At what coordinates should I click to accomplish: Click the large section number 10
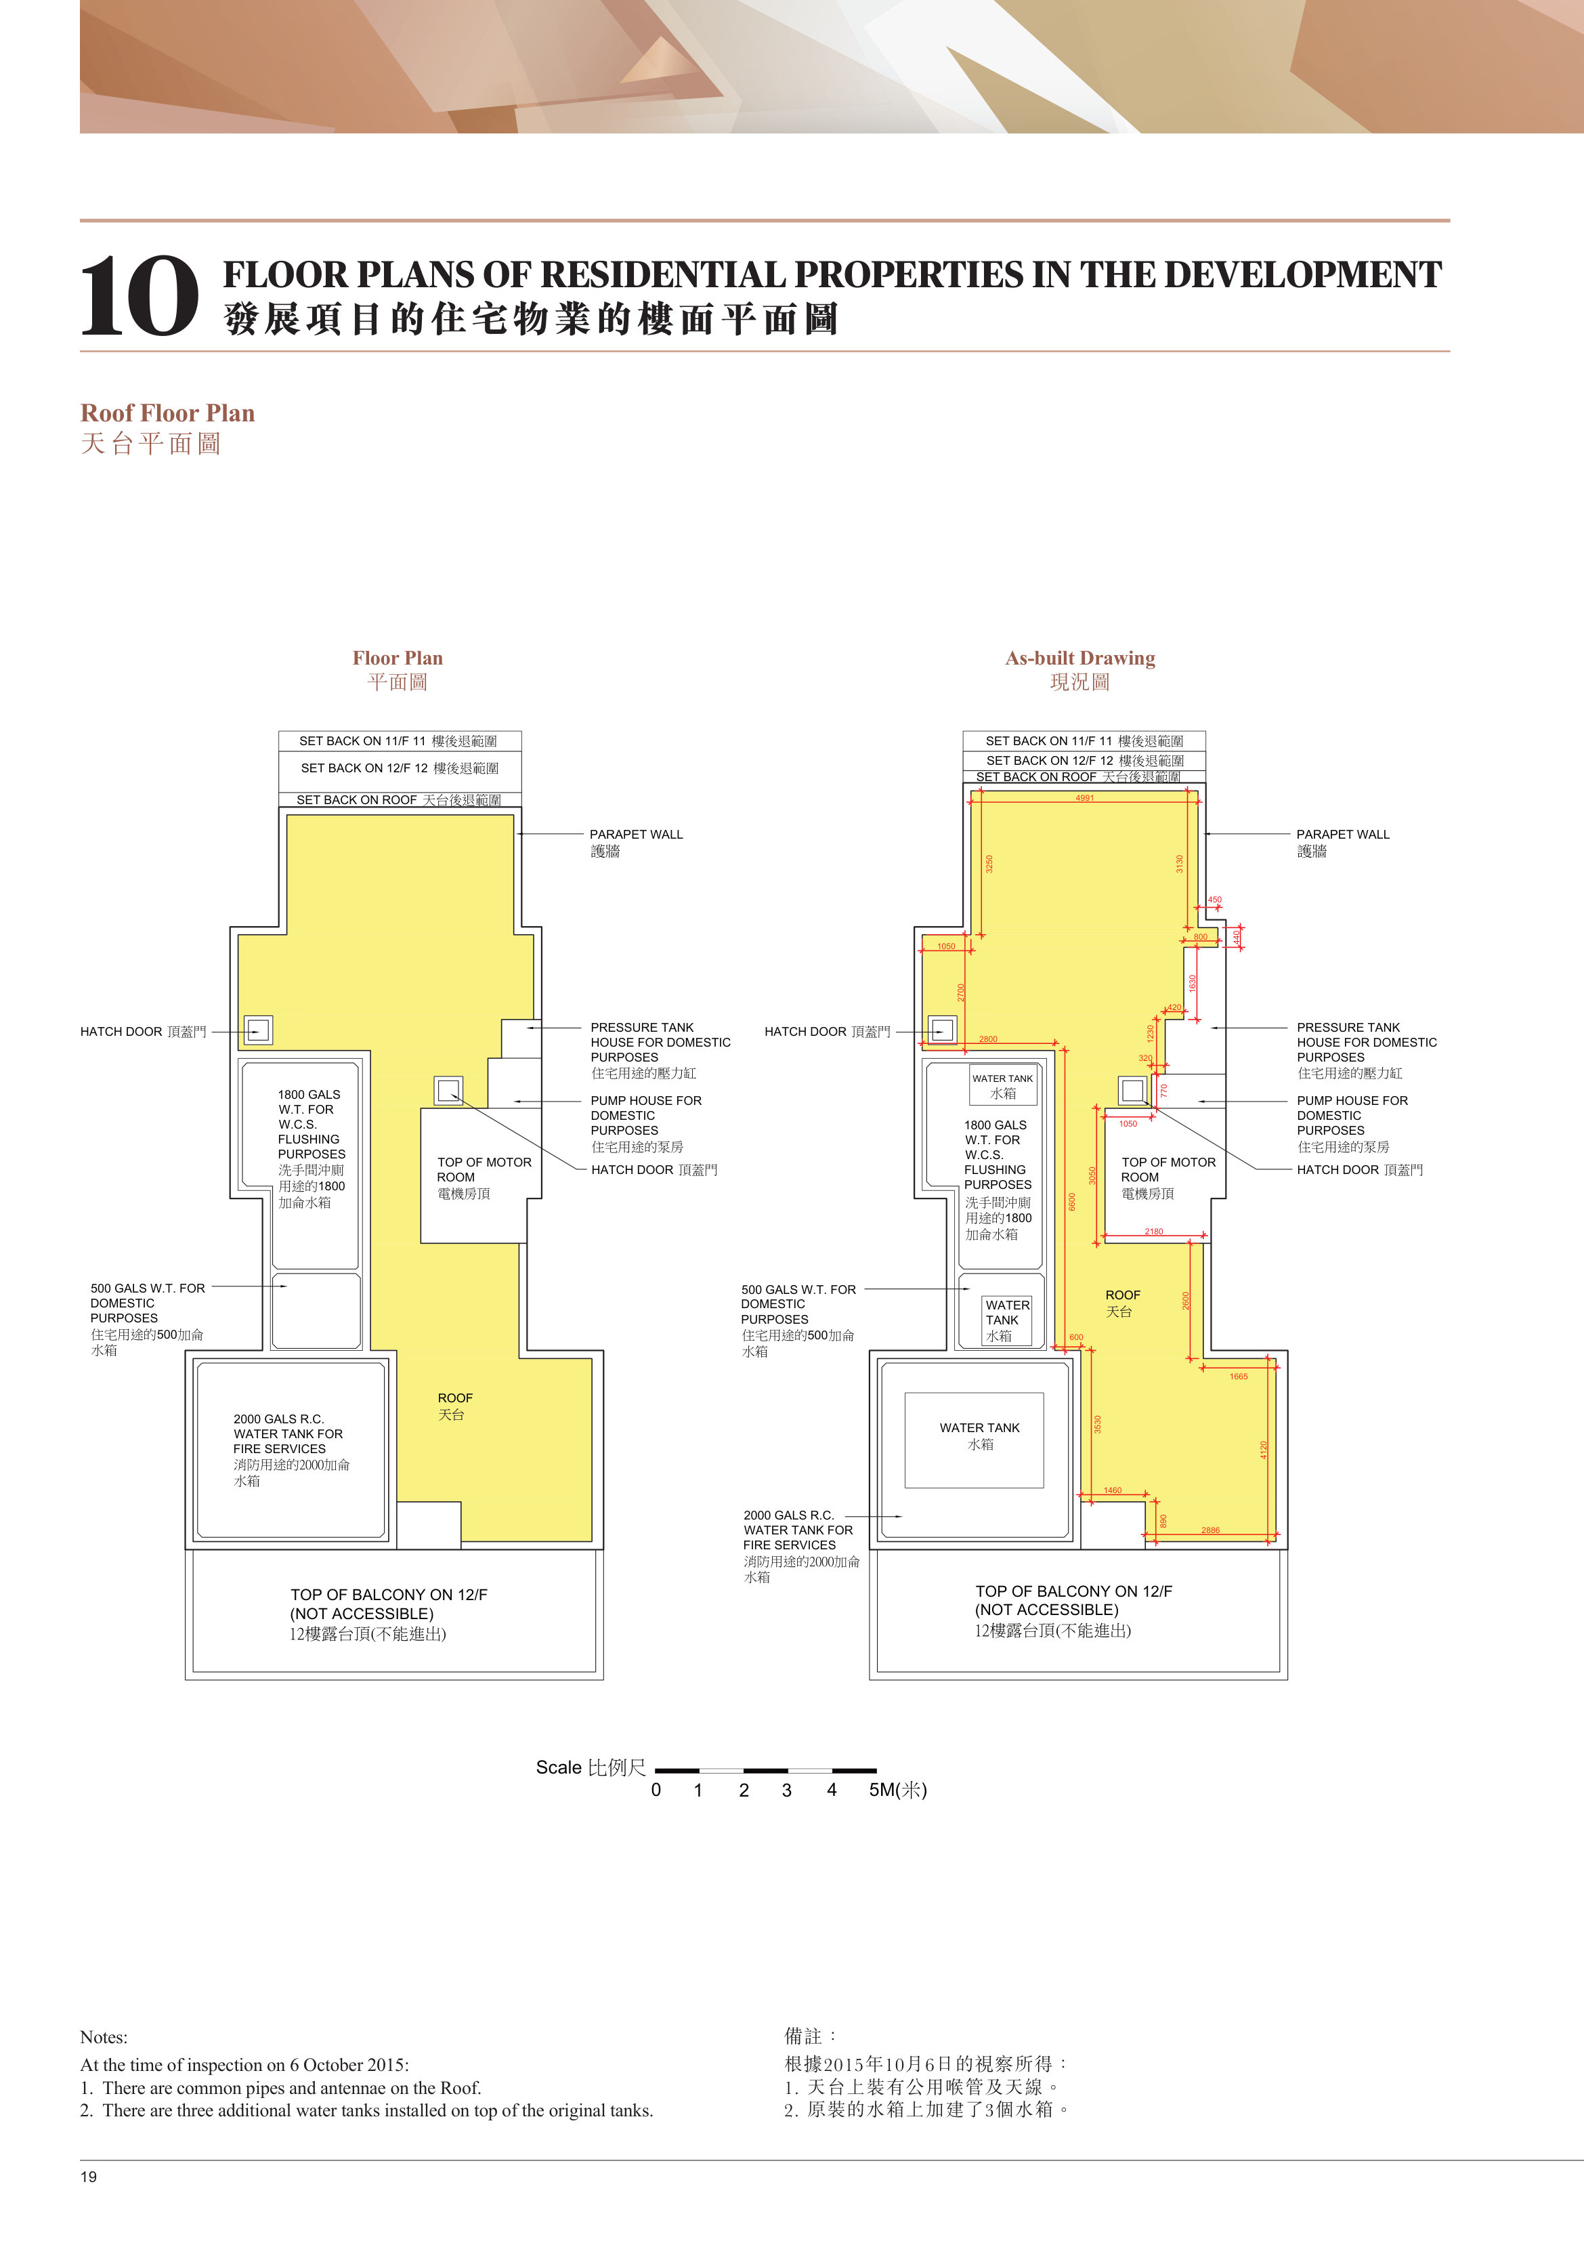tap(140, 296)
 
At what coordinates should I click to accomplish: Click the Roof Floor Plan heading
tap(167, 413)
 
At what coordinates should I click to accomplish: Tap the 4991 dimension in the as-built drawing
tap(1084, 797)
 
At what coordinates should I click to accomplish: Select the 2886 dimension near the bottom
tap(1210, 1530)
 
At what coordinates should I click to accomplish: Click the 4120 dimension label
tap(1263, 1450)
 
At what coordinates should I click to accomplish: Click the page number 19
tap(89, 2175)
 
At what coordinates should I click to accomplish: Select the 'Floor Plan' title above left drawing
tap(398, 658)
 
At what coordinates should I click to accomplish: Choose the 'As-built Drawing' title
tap(1080, 658)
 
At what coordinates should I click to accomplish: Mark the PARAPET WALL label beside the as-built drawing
tap(1342, 835)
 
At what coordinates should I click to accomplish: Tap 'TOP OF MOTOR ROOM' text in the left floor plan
tap(484, 1169)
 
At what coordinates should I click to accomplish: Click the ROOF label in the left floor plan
tap(455, 1398)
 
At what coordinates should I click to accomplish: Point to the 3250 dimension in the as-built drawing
tap(989, 864)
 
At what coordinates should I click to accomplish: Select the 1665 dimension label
tap(1239, 1376)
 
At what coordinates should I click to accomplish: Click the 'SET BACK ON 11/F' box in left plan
tap(400, 741)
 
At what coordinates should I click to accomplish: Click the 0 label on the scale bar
tap(656, 1790)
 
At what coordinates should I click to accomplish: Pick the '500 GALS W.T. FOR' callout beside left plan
tap(148, 1289)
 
